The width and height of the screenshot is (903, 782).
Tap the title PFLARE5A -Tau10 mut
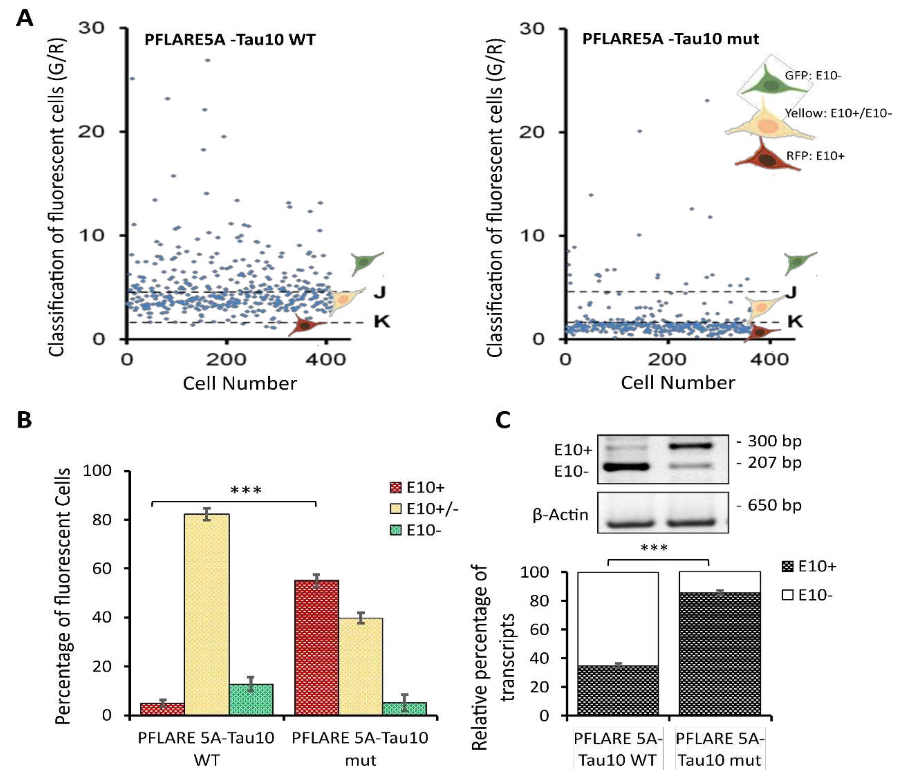(670, 39)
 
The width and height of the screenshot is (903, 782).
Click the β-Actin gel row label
(560, 515)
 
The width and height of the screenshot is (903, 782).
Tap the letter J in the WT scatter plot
(380, 292)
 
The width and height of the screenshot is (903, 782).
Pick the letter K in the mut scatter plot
(795, 322)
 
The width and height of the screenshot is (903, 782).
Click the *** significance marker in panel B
(246, 490)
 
